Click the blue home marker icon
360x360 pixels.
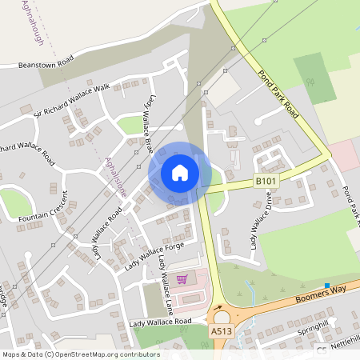(180, 172)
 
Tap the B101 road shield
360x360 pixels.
(266, 182)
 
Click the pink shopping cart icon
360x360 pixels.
(182, 279)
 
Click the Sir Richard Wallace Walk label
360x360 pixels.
(71, 101)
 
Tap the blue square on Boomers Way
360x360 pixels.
(327, 285)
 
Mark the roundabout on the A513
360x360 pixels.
(220, 314)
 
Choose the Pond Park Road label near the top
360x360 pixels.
(278, 94)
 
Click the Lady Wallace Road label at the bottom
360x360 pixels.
(160, 322)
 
